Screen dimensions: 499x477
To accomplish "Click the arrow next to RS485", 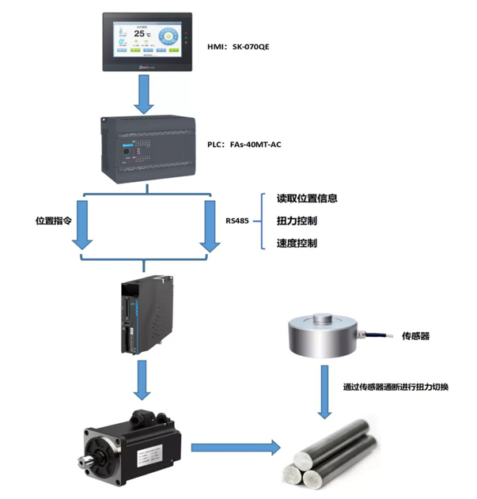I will click(210, 225).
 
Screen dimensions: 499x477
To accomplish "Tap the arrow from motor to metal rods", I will click(233, 448).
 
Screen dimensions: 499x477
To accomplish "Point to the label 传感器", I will click(415, 337).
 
